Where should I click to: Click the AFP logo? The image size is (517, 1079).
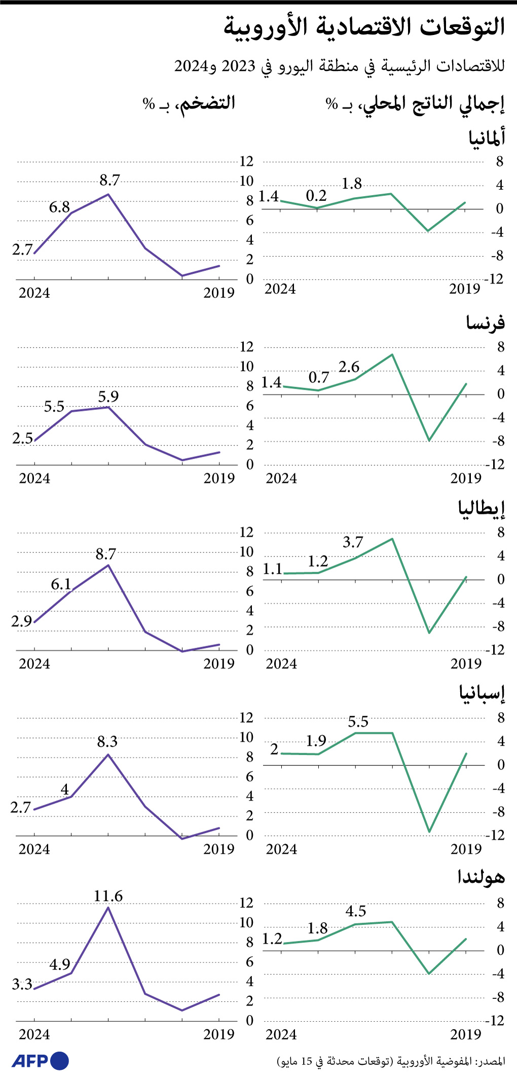(x=40, y=1061)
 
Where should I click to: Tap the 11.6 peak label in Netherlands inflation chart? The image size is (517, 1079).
(x=108, y=896)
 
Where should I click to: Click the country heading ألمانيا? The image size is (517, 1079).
(x=487, y=137)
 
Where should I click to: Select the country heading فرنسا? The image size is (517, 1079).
(x=486, y=323)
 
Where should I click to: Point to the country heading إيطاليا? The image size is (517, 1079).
(x=482, y=508)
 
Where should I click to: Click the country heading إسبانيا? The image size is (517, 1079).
(x=482, y=693)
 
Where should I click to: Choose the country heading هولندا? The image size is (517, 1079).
(x=481, y=877)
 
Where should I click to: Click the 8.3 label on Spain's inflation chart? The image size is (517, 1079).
(x=107, y=742)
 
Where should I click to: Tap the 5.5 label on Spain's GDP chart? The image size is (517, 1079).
(x=358, y=722)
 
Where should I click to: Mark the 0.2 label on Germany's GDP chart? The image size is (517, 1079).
(x=316, y=196)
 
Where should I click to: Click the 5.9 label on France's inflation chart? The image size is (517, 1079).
(x=108, y=397)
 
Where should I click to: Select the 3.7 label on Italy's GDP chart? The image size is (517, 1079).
(x=353, y=542)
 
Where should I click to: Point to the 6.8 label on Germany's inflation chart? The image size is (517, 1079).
(x=59, y=207)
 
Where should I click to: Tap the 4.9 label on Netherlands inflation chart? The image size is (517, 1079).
(x=59, y=964)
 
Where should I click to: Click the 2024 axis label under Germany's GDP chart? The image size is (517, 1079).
(x=280, y=289)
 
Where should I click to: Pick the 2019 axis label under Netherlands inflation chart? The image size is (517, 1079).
(x=219, y=1034)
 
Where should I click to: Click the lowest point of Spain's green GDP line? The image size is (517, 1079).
(x=429, y=831)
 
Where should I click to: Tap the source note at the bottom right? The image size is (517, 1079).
(x=391, y=1061)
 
